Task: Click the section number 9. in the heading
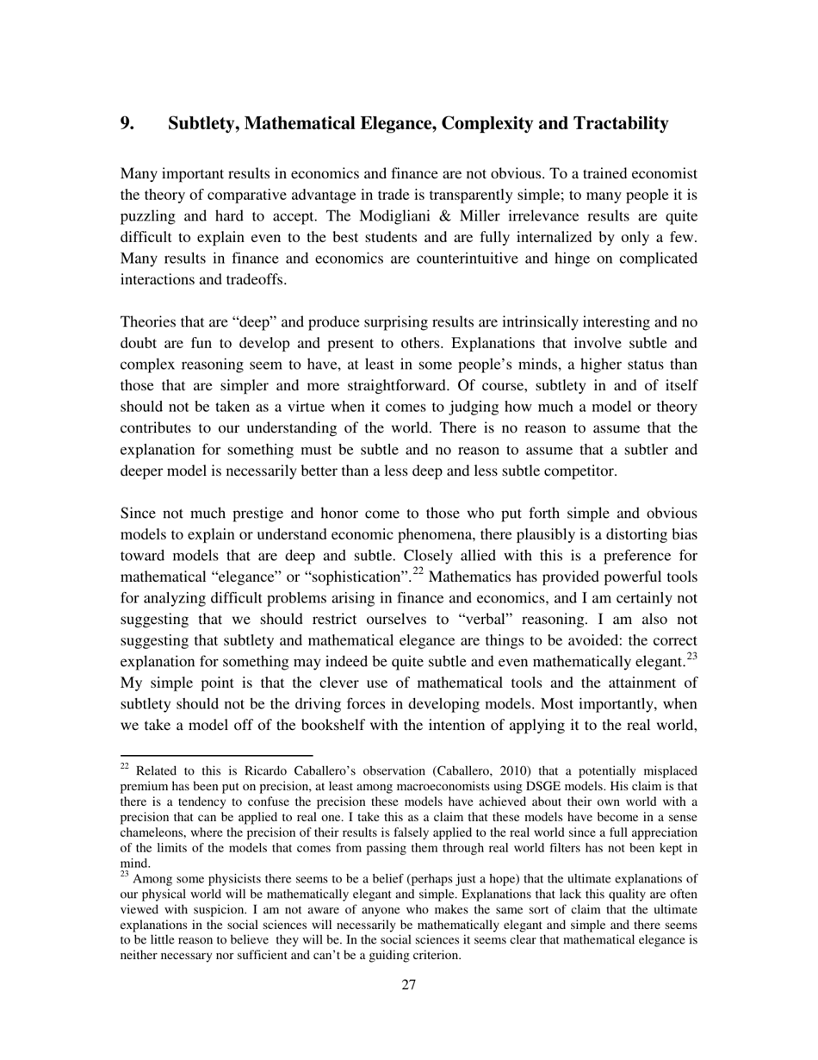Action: click(127, 123)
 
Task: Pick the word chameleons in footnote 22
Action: click(152, 832)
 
